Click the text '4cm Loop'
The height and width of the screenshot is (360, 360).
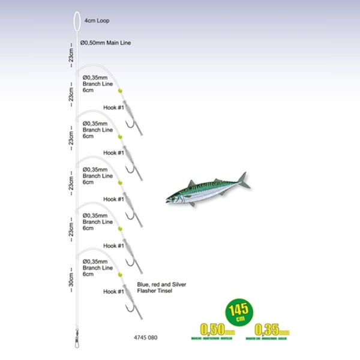pyautogui.click(x=98, y=20)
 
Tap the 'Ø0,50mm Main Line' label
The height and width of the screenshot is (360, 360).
pyautogui.click(x=106, y=43)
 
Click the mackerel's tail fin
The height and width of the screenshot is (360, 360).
pyautogui.click(x=243, y=181)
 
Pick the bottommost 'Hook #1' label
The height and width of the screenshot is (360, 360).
pyautogui.click(x=113, y=292)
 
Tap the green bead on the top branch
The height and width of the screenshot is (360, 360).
pyautogui.click(x=119, y=90)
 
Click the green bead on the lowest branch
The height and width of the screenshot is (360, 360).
pyautogui.click(x=119, y=274)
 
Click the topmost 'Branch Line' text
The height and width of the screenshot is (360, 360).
pyautogui.click(x=98, y=84)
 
